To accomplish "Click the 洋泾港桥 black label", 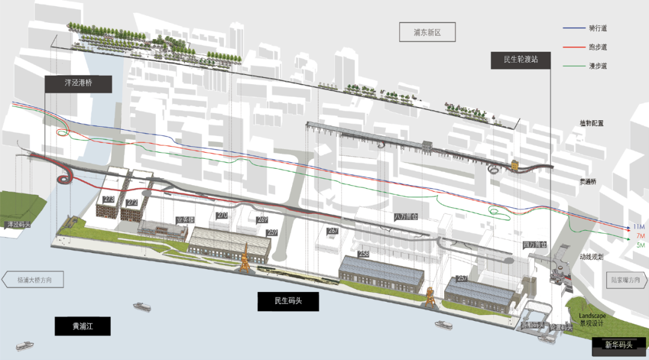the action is pos(78,84).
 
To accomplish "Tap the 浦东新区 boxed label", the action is pos(427,32).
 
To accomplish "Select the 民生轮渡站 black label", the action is pos(520,59).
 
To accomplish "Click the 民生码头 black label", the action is pos(288,301).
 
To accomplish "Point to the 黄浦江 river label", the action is pos(83,326).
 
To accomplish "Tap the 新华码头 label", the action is pos(619,345).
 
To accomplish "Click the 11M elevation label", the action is pos(639,227).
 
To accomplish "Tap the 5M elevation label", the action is pos(640,245).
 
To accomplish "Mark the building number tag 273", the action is pos(109,199).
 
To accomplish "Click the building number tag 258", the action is pos(363,254).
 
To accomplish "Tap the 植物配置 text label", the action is pos(591,124).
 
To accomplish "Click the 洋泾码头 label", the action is pos(17,225).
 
